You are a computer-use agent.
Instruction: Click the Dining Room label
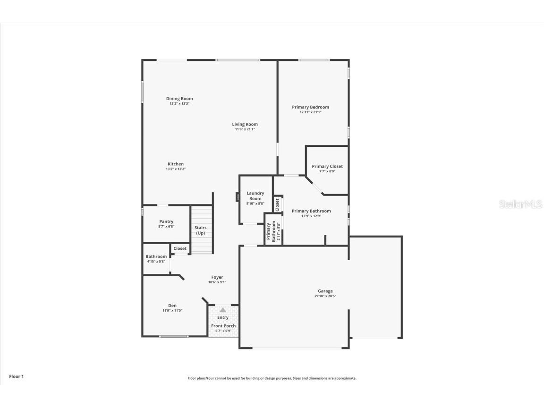pos(179,99)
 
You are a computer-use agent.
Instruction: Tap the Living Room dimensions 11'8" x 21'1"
pos(245,129)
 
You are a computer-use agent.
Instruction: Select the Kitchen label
pos(176,164)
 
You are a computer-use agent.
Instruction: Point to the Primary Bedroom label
pos(310,107)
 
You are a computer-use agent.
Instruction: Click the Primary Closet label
pos(327,166)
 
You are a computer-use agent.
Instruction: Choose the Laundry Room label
pos(255,196)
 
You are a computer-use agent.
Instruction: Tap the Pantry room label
pos(166,221)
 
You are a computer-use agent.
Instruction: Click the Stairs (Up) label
pos(201,230)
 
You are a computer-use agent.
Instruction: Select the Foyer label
pos(217,277)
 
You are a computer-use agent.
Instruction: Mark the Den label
pos(172,306)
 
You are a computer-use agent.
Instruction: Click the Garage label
pos(325,291)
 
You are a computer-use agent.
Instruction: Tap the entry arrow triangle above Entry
pos(223,310)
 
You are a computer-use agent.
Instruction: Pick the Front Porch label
pos(223,326)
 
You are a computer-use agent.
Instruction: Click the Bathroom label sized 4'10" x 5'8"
pos(156,256)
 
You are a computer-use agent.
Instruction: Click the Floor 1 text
pos(16,376)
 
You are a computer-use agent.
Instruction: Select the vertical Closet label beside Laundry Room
pos(278,204)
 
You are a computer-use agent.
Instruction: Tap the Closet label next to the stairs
pos(180,248)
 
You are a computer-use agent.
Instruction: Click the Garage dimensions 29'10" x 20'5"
pos(325,296)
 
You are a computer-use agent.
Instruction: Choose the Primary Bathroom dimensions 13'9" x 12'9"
pos(311,216)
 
